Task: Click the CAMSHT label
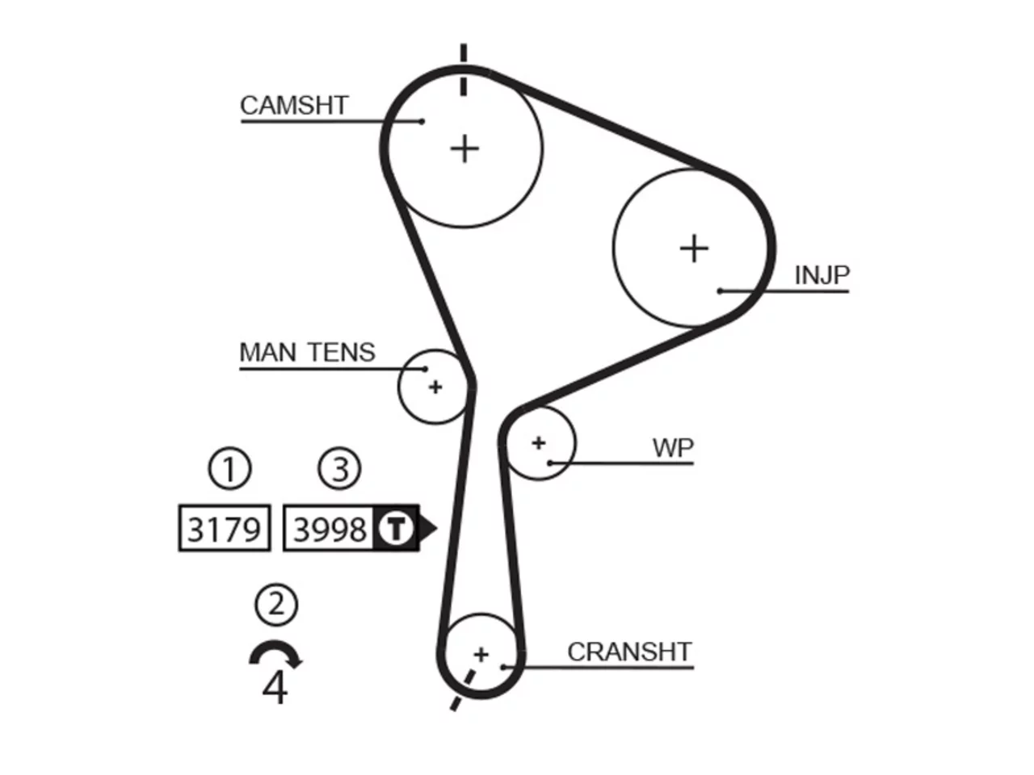tap(294, 106)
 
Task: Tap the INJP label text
tap(822, 275)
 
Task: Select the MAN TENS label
tap(307, 353)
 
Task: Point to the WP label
tap(673, 448)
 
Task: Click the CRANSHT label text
tap(629, 652)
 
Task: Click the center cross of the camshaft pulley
tap(464, 149)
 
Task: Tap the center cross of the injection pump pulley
tap(694, 248)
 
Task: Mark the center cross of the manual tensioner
tap(435, 387)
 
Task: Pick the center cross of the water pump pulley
tap(539, 442)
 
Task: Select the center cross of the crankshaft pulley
tap(481, 655)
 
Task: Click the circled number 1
tap(230, 469)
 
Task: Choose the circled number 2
tap(276, 605)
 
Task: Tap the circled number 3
tap(339, 469)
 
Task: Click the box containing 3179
tap(225, 527)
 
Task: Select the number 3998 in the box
tap(330, 530)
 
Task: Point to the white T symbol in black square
tap(396, 528)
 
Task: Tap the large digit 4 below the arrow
tap(275, 688)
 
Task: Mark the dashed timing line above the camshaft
tap(464, 69)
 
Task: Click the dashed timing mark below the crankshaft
tap(462, 689)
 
